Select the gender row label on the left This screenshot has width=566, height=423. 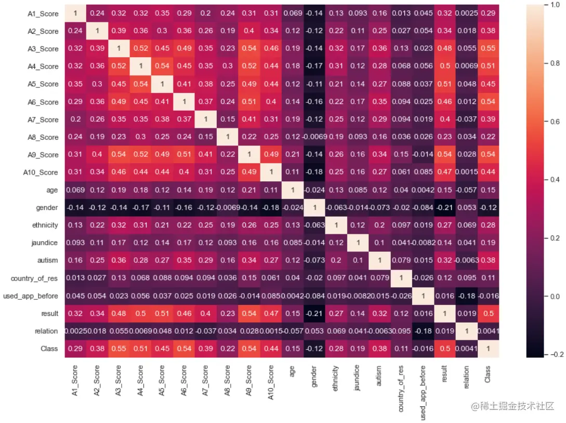point(48,208)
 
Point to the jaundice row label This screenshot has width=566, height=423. point(46,243)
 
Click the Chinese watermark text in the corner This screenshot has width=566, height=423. point(520,406)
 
